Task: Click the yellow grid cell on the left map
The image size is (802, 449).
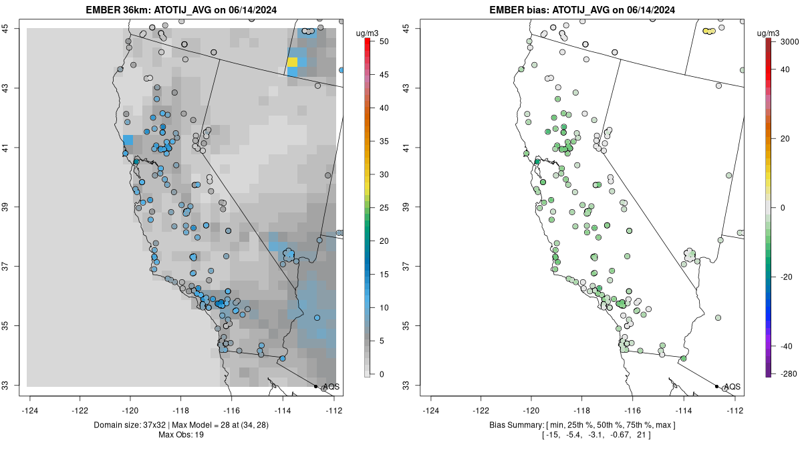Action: [x=292, y=62]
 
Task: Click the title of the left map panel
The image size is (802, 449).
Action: [x=182, y=10]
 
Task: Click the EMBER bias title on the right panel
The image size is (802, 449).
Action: [x=583, y=10]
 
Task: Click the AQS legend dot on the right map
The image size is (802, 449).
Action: [x=716, y=386]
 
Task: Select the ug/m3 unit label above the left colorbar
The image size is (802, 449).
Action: [x=366, y=33]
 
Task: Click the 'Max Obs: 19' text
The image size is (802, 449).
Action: [x=182, y=435]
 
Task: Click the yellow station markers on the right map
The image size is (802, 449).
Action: [x=709, y=31]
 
